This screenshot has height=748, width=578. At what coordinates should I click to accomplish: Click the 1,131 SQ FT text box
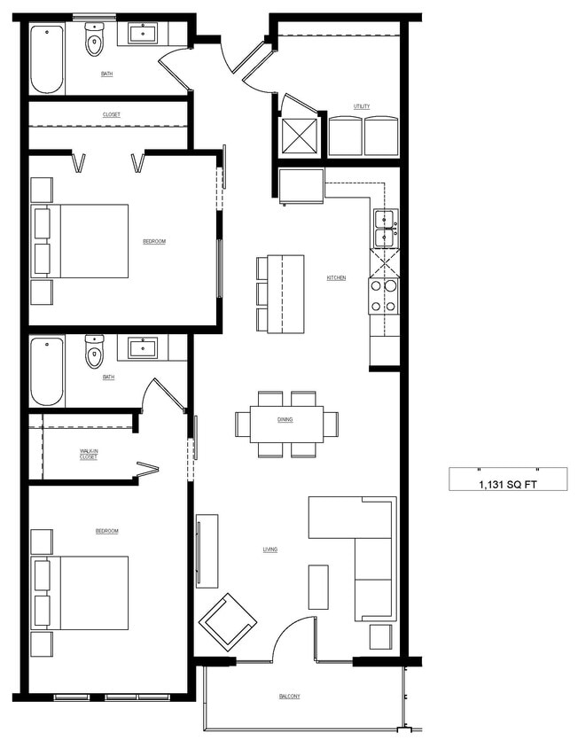508,483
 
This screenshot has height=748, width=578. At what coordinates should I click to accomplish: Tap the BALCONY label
289,697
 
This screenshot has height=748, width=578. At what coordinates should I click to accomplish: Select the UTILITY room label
362,106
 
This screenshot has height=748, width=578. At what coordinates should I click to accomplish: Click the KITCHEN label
336,278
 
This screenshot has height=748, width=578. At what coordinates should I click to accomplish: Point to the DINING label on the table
285,420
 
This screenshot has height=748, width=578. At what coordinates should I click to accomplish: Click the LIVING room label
270,549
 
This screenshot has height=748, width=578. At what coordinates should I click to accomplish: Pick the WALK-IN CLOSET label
89,454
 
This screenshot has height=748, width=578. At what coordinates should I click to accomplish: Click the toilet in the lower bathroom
94,352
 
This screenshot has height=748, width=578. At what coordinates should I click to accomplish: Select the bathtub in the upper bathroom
47,59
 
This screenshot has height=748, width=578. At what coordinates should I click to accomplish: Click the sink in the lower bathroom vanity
143,347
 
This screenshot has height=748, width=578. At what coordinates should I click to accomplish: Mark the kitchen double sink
385,229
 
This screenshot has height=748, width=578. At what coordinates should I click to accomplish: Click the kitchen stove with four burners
384,296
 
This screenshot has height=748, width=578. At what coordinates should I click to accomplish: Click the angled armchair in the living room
228,619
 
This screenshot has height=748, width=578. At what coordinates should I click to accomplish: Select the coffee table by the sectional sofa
318,587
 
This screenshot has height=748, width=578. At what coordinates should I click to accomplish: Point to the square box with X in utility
300,136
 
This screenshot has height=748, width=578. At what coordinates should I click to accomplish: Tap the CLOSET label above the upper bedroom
111,114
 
